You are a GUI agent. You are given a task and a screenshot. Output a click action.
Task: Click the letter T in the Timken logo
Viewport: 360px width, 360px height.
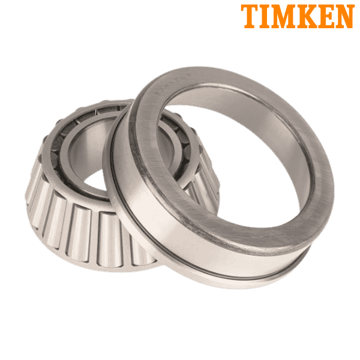pos(249,16)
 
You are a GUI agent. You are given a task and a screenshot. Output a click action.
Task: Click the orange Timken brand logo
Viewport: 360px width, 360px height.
pos(297,16)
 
